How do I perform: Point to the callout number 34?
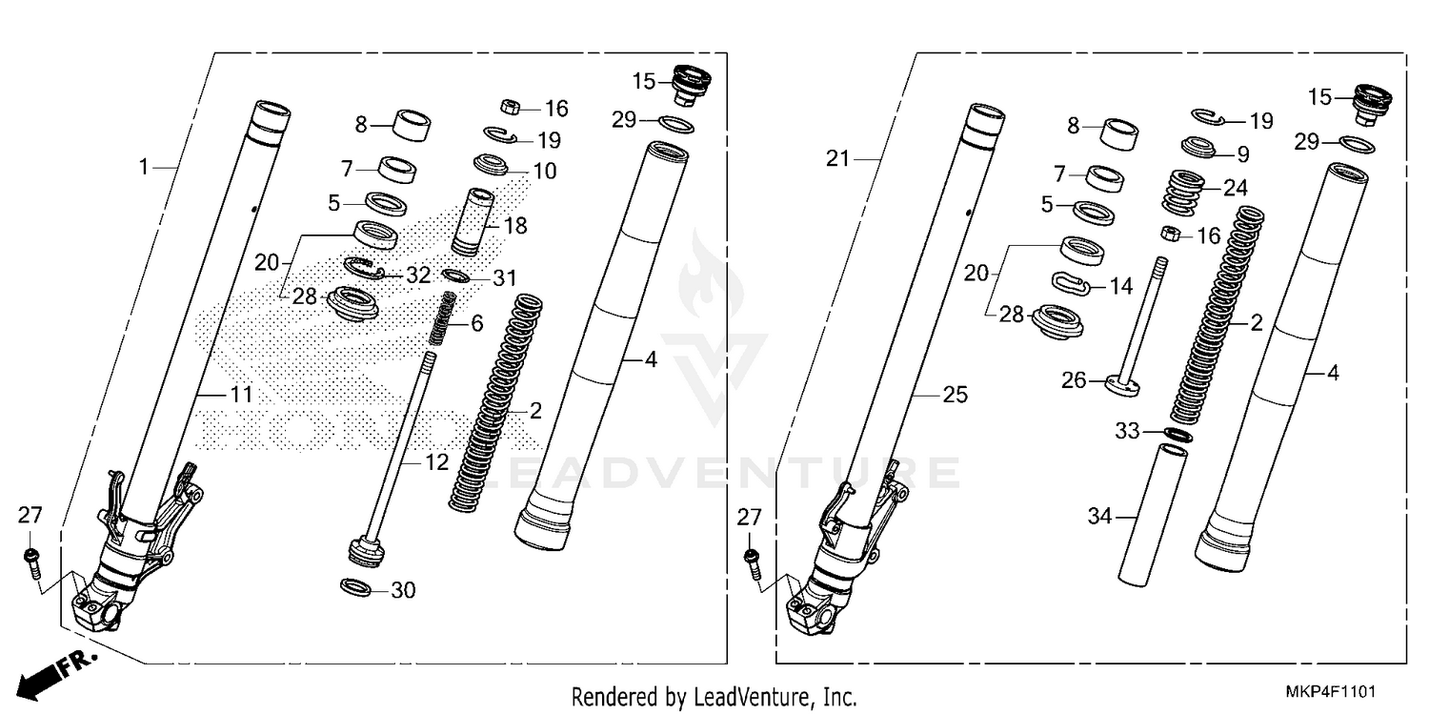point(1100,518)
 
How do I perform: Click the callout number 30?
point(403,591)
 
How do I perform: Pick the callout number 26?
point(1074,381)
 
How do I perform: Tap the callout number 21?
point(837,160)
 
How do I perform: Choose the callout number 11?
point(241,393)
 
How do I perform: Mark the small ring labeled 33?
point(1178,434)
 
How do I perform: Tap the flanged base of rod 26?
point(1121,385)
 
